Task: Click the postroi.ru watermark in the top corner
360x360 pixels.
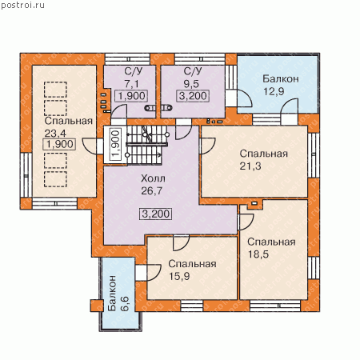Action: (x=22, y=5)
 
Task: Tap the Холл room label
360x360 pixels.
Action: (x=153, y=178)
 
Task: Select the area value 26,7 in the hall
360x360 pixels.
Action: (x=151, y=191)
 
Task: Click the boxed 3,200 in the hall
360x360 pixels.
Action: (x=156, y=214)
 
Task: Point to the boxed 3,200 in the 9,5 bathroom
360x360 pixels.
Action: (x=193, y=96)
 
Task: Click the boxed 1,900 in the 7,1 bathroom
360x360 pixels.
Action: (x=131, y=96)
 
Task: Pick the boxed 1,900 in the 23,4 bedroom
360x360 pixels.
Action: (x=59, y=144)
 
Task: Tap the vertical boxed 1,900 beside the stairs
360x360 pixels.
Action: (x=116, y=144)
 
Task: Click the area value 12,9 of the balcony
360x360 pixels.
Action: (x=274, y=91)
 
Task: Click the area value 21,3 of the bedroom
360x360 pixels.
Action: (x=250, y=166)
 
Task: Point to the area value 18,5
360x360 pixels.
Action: (x=258, y=254)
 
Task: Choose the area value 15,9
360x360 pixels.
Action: (x=179, y=276)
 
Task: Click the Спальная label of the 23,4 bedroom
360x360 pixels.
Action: (x=68, y=121)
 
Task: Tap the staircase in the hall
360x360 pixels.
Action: (x=144, y=146)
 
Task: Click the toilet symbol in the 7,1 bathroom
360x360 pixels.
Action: (x=150, y=108)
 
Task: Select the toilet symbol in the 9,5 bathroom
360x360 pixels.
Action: (x=167, y=108)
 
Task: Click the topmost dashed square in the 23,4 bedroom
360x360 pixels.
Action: (x=55, y=90)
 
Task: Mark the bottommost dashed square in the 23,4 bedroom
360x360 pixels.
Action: (x=55, y=179)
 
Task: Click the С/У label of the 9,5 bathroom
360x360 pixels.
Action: (x=193, y=71)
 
